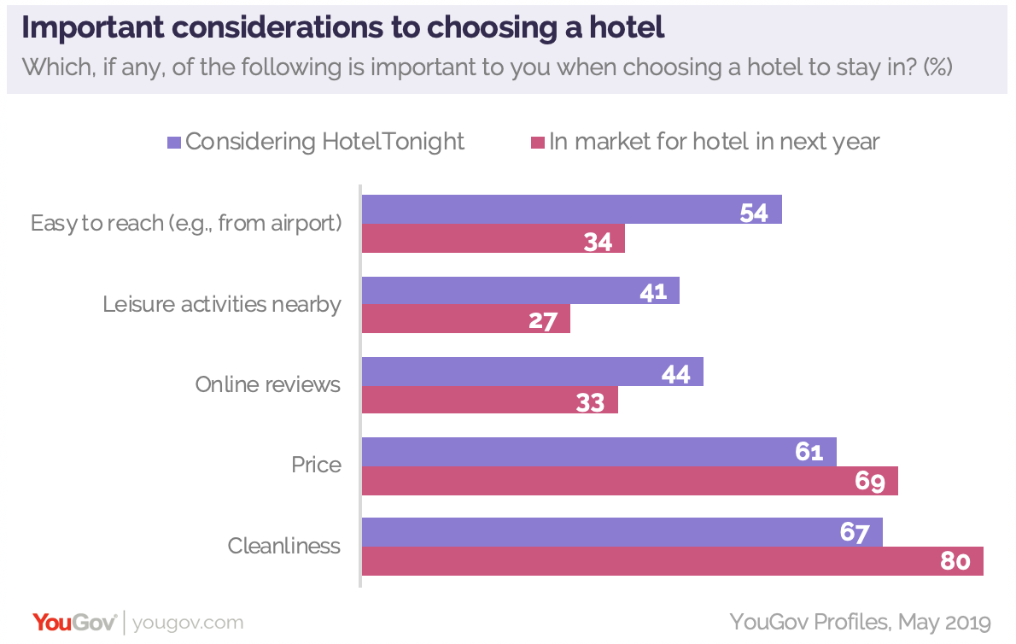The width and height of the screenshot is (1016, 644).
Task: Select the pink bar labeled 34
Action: (493, 239)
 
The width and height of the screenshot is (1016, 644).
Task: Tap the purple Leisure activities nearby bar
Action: (520, 290)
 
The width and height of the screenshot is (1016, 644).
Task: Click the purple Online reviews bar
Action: (532, 372)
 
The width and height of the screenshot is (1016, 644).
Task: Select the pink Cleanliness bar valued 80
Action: (672, 562)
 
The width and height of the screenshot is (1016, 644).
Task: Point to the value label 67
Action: (854, 533)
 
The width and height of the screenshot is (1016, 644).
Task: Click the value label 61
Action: (808, 452)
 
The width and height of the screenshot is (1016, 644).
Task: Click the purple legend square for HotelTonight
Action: (174, 143)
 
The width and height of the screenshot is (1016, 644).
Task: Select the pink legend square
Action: (538, 143)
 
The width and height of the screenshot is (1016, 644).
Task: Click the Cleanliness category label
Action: (284, 546)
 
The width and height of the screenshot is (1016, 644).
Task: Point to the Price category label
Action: (316, 465)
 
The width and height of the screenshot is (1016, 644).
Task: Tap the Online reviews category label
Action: (267, 384)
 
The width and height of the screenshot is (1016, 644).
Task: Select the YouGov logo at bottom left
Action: (74, 622)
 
